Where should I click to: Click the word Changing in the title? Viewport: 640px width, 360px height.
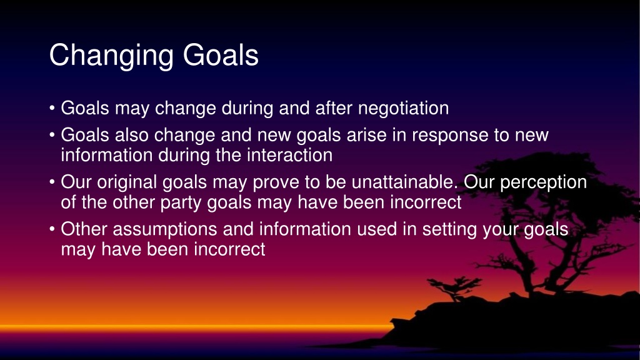tap(111, 56)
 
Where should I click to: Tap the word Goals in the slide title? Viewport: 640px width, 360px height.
tap(221, 55)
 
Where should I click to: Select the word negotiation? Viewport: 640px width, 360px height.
tap(403, 108)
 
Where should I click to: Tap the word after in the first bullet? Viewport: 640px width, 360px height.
tap(334, 108)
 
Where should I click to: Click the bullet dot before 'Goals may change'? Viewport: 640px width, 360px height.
tap(52, 108)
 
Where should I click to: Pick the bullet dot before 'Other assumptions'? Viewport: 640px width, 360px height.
tap(52, 229)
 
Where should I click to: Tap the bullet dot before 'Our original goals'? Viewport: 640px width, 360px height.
tap(52, 182)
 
